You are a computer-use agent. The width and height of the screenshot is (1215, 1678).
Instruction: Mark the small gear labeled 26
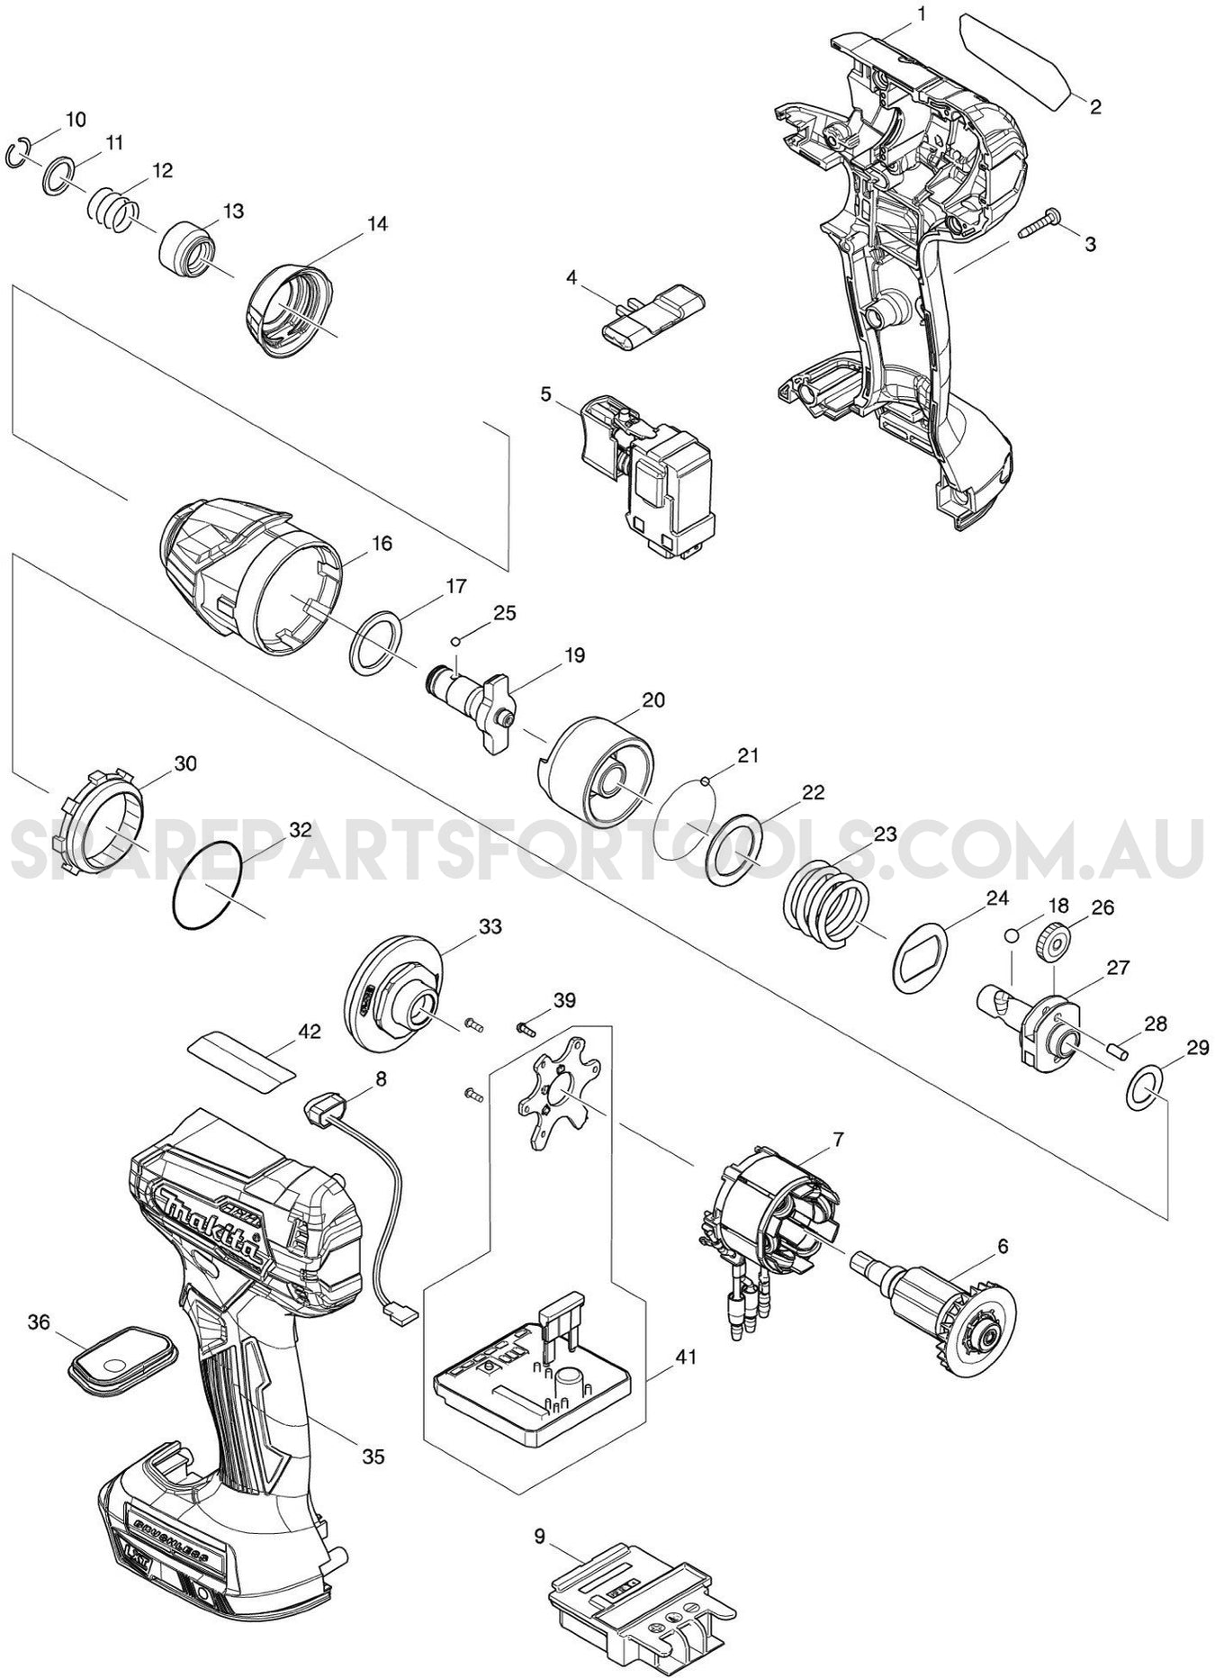pos(1050,943)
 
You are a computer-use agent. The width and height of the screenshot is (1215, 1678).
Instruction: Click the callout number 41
pos(688,1355)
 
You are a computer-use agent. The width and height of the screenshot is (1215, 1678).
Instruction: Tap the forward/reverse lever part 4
pos(653,311)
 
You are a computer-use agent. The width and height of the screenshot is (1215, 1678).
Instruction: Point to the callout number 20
pos(653,699)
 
